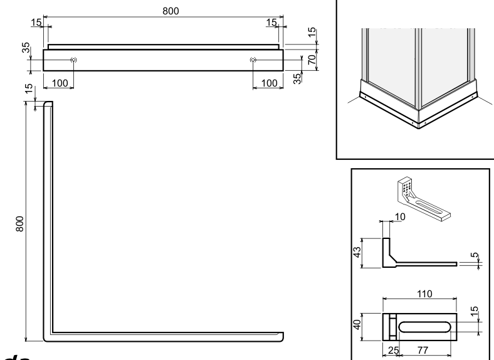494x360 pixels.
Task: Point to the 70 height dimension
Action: (x=311, y=60)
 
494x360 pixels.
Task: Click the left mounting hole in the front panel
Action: (x=74, y=60)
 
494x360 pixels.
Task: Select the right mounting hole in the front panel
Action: (x=253, y=60)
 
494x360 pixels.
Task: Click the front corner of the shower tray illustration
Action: (x=419, y=125)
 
